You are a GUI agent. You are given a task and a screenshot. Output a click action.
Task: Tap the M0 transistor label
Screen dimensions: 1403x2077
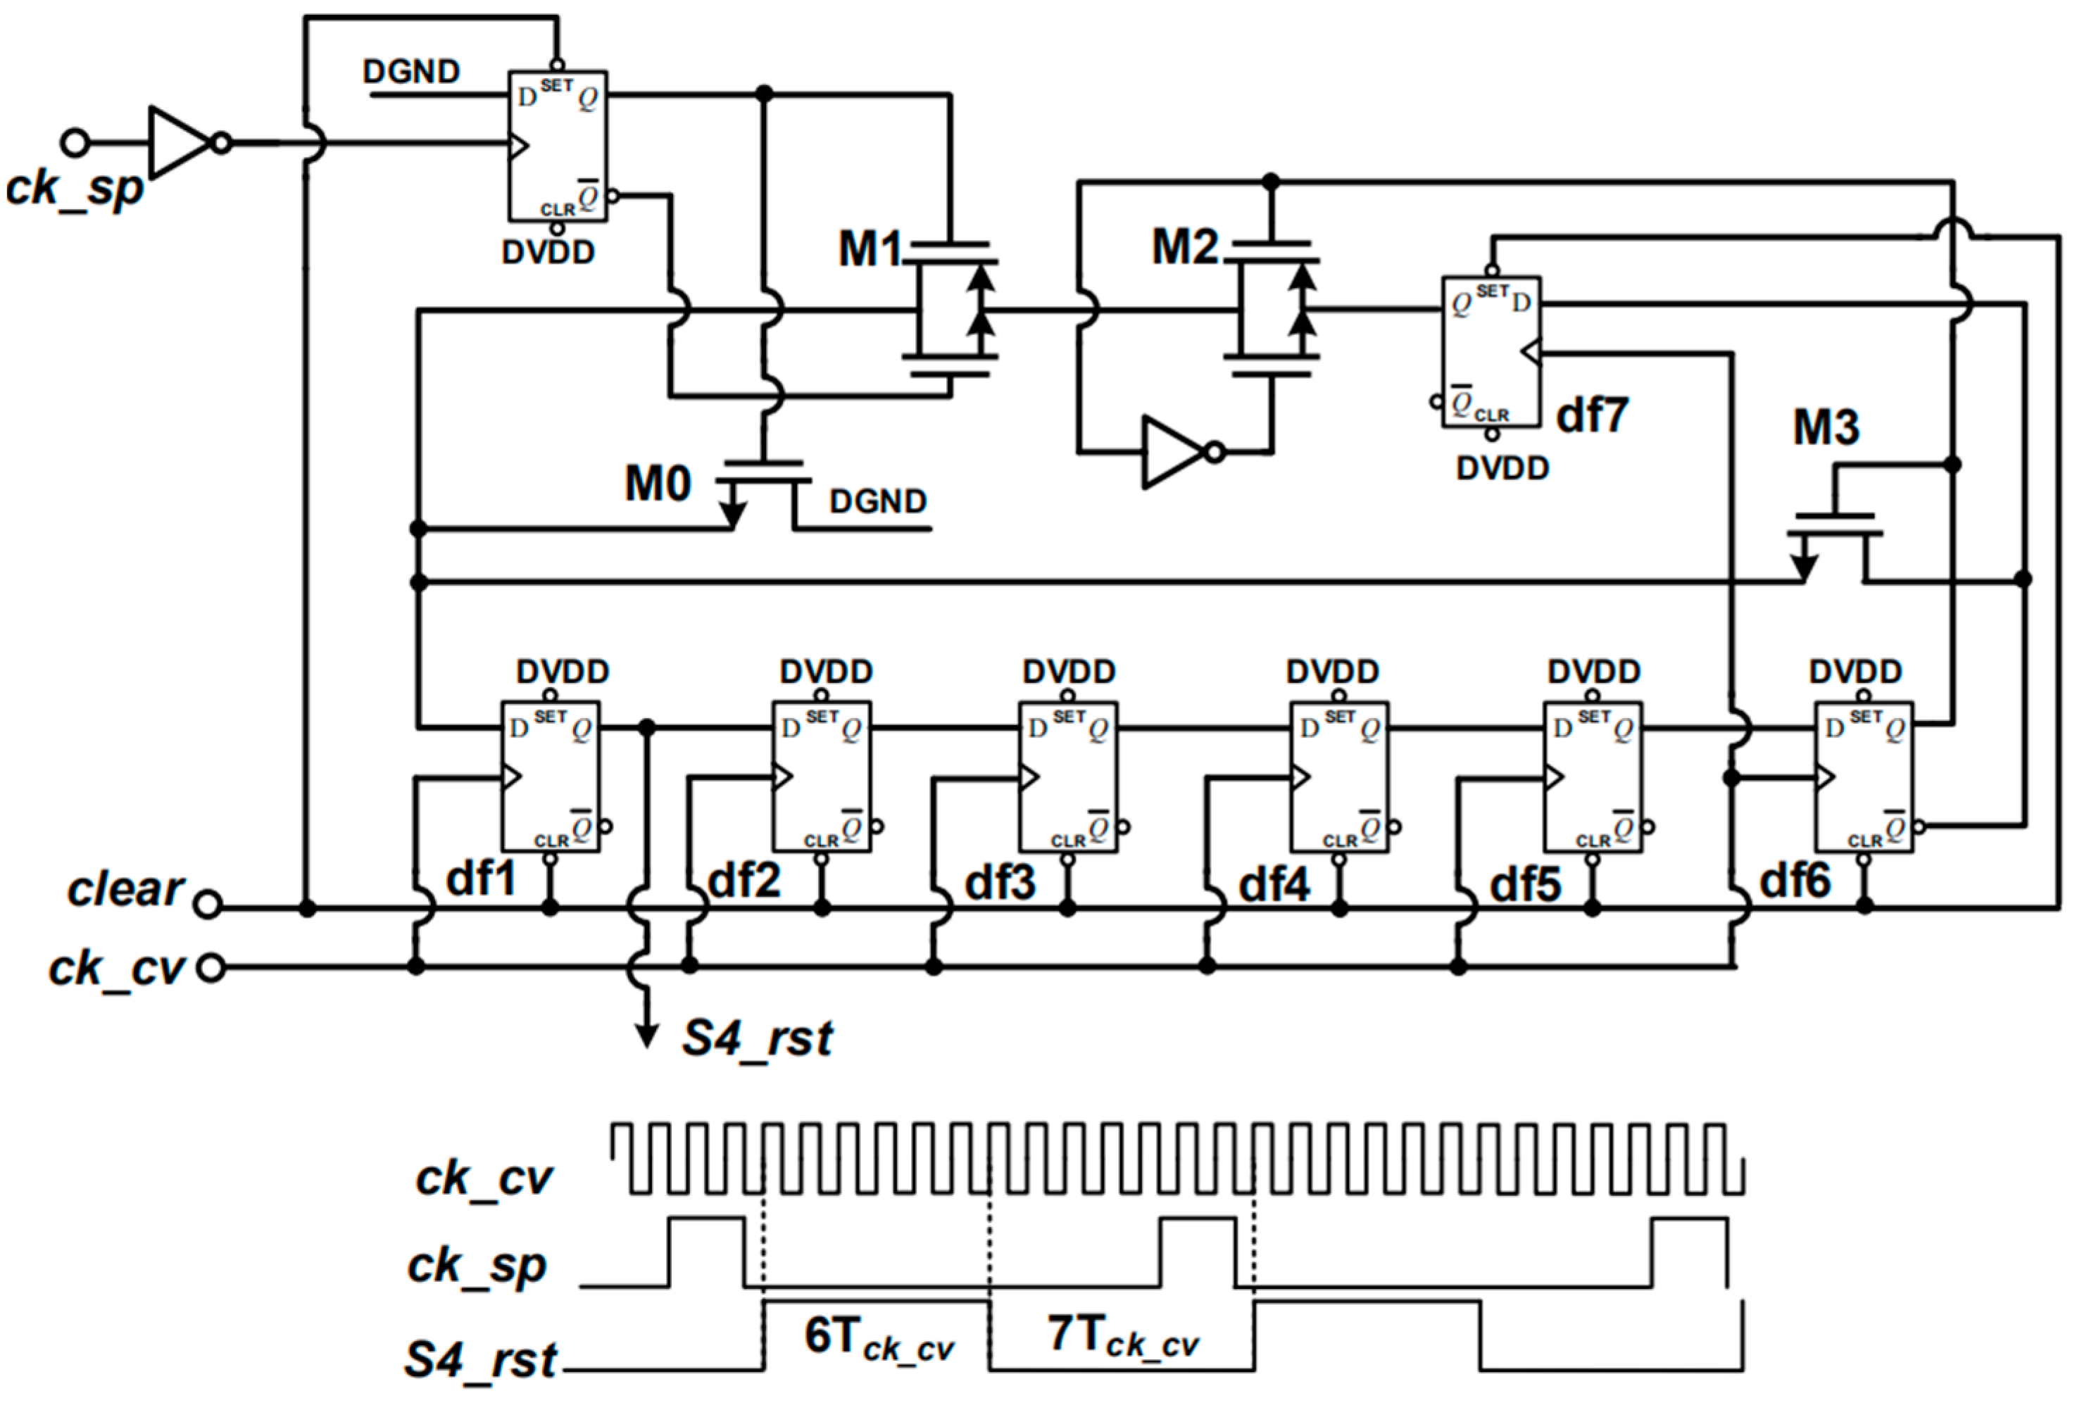point(657,484)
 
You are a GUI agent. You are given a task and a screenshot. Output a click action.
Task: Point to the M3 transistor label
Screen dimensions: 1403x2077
point(1825,428)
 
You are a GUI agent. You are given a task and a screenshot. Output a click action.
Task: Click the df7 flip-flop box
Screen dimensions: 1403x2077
point(1491,351)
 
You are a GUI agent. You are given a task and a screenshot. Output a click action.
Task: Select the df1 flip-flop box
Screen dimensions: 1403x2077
point(550,776)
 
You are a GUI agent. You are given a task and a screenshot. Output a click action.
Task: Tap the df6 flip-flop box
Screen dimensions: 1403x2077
point(1864,776)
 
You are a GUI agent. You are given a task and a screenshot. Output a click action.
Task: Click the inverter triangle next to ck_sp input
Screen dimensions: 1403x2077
point(179,143)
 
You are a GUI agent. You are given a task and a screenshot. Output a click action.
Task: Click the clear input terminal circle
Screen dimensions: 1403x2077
point(207,905)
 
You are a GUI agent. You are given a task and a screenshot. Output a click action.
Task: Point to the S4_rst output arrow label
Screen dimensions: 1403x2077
point(756,1038)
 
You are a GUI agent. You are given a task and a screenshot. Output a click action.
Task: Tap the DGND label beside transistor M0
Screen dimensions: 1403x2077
point(878,501)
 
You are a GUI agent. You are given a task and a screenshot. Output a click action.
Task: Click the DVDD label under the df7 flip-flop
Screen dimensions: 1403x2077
point(1502,468)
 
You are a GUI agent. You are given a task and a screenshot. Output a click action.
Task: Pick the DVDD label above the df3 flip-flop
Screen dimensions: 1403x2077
point(1069,671)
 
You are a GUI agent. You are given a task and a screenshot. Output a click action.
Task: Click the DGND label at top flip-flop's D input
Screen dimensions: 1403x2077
point(411,72)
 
